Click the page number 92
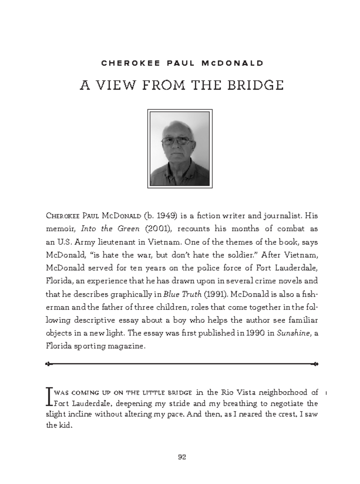point(182,457)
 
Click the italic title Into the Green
point(110,229)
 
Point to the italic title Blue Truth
point(182,294)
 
